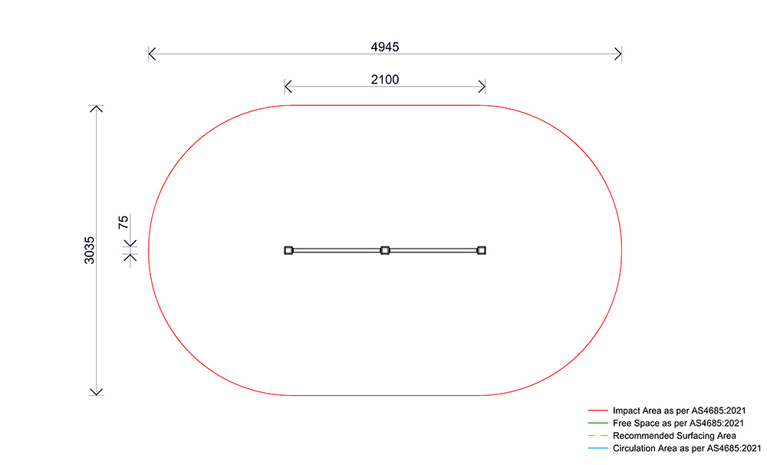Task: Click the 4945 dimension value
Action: pos(385,47)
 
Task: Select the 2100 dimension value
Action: pos(385,79)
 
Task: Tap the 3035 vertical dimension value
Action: pos(90,250)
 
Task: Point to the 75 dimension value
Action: pos(123,223)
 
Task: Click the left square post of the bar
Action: pos(288,250)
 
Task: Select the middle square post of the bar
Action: pos(385,250)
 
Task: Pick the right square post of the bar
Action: pos(482,250)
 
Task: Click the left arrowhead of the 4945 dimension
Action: pos(152,54)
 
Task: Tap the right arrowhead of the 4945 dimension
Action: pos(618,54)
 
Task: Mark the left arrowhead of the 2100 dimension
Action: pos(288,86)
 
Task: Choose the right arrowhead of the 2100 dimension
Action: pos(482,86)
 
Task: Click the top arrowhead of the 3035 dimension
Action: pos(96,108)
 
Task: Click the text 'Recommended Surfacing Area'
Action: pos(674,436)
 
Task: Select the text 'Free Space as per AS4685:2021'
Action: pos(678,424)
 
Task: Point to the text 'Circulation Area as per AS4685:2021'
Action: pos(686,448)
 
